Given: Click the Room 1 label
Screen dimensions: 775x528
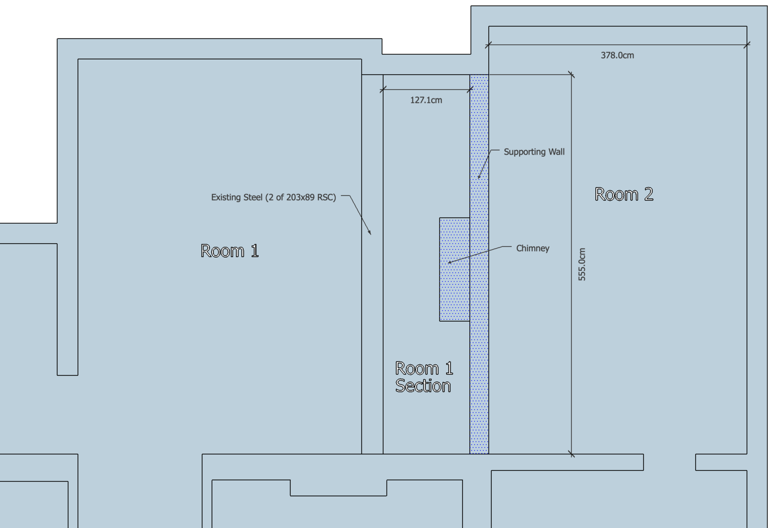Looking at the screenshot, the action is tap(230, 251).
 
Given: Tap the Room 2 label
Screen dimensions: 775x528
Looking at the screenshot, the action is tap(624, 194).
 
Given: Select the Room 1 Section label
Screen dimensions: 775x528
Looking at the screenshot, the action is tap(424, 377).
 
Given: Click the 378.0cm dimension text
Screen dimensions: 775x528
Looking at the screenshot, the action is tap(617, 55).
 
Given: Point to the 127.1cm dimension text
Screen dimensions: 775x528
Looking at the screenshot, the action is tap(426, 100).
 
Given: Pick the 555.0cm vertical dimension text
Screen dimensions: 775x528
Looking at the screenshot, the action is tap(582, 264).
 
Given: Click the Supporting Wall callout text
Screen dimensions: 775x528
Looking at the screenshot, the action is tap(534, 152).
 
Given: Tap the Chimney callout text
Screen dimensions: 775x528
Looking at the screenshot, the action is tap(532, 248).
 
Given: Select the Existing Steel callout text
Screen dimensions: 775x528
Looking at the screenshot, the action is tap(273, 197).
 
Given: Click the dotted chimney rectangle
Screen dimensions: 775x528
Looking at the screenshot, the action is tap(455, 269).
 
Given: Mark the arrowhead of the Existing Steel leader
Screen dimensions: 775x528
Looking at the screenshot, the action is tap(370, 233).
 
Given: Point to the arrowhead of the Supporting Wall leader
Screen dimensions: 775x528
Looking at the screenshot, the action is tap(479, 177).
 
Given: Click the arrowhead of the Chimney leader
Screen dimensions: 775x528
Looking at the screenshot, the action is tap(450, 262).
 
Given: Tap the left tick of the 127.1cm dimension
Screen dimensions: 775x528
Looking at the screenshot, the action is tap(383, 90).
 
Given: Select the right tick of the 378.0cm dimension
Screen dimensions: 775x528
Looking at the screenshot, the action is tap(747, 45).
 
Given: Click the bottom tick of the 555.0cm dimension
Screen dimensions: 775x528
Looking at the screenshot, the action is tap(571, 454).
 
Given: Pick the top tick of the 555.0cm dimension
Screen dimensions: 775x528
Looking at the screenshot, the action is tap(571, 75).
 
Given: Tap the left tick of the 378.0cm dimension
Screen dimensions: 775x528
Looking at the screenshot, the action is tap(489, 45).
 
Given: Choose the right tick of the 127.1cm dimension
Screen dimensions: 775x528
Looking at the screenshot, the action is tap(470, 90).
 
